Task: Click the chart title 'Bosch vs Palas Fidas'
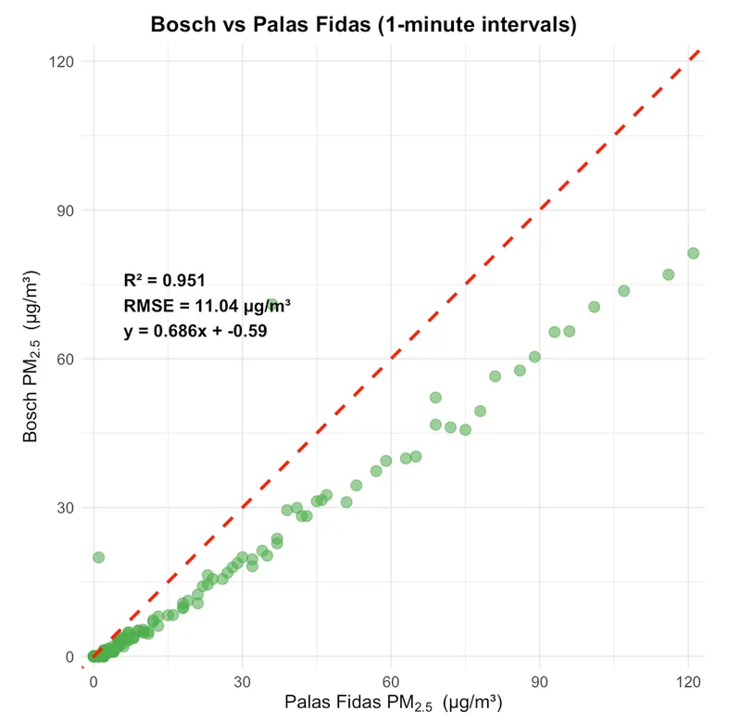pyautogui.click(x=363, y=25)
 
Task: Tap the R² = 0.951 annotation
pyautogui.click(x=164, y=281)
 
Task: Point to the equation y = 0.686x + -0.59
pyautogui.click(x=195, y=330)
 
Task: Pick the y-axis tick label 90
pyautogui.click(x=64, y=209)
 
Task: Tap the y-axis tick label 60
pyautogui.click(x=64, y=359)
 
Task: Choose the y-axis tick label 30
pyautogui.click(x=64, y=508)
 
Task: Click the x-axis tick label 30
pyautogui.click(x=242, y=680)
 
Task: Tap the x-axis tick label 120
pyautogui.click(x=687, y=680)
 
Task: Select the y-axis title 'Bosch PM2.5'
pyautogui.click(x=31, y=357)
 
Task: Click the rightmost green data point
pyautogui.click(x=693, y=253)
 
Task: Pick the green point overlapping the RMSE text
pyautogui.click(x=271, y=305)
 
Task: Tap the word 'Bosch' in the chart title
pyautogui.click(x=182, y=25)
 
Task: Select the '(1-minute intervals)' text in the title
pyautogui.click(x=483, y=25)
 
